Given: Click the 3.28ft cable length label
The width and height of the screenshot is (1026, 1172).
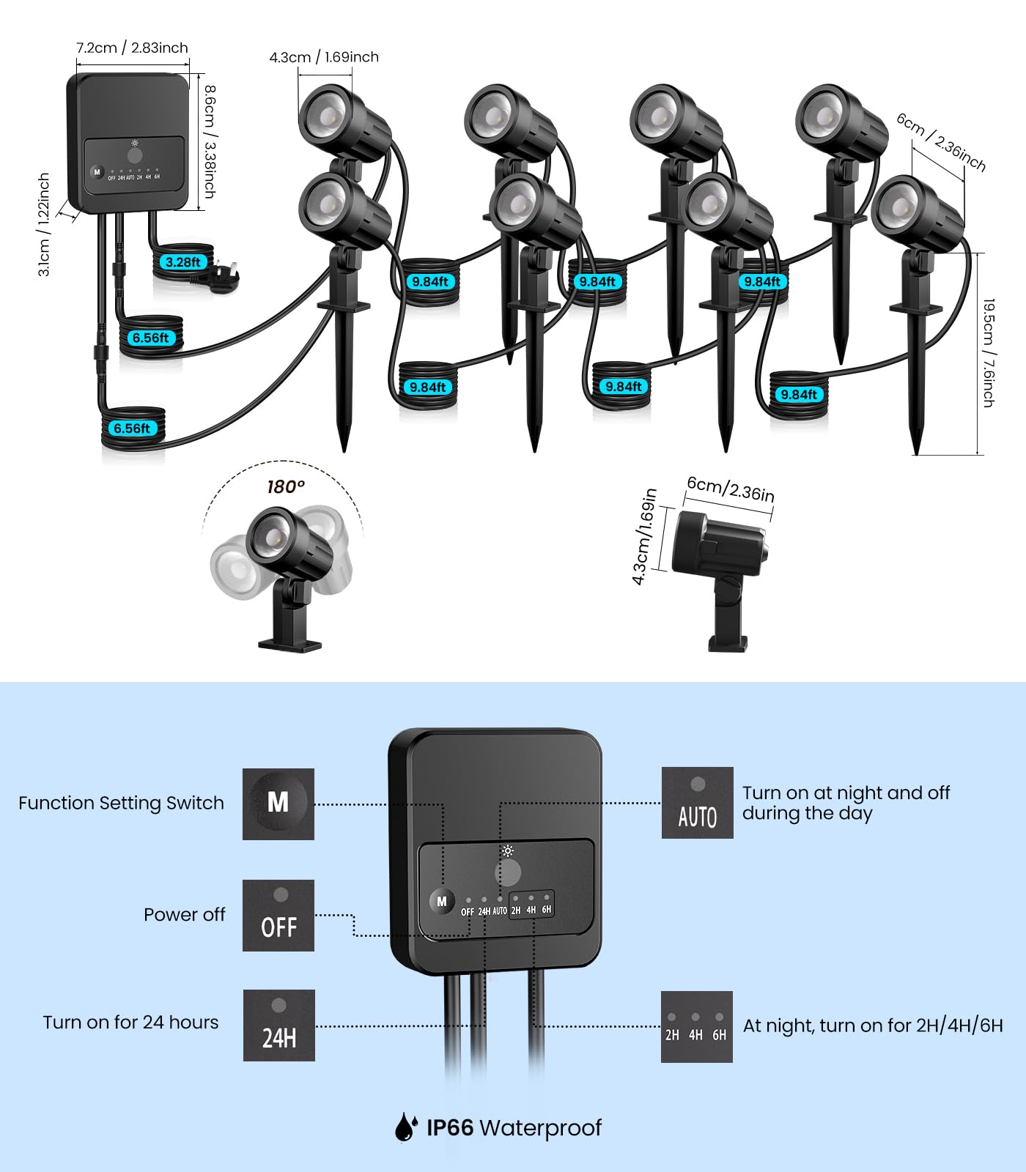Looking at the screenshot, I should click(x=183, y=262).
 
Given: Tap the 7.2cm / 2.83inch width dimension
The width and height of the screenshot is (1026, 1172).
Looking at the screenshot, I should click(x=132, y=48).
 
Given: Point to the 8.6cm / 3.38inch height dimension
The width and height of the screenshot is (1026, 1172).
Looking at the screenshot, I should click(x=210, y=141).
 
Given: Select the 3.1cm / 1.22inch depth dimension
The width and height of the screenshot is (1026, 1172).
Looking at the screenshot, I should click(x=44, y=224).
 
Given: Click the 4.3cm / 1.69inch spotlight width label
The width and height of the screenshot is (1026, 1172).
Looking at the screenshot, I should click(x=324, y=57).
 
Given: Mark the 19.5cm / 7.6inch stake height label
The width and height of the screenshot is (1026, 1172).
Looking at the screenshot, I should click(x=988, y=352).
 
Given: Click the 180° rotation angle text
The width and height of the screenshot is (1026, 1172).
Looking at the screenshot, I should click(x=285, y=486).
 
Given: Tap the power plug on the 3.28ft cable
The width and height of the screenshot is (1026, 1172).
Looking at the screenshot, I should click(x=223, y=280).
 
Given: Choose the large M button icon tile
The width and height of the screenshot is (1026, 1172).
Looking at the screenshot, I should click(x=278, y=804).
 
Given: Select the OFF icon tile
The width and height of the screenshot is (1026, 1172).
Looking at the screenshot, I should click(x=278, y=916).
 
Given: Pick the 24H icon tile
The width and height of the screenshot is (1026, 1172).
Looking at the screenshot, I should click(x=279, y=1025).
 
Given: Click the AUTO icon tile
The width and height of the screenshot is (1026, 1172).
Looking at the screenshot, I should click(x=697, y=803).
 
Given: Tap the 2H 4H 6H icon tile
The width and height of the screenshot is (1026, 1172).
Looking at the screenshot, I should click(x=696, y=1027).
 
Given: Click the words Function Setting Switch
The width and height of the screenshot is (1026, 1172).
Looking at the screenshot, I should click(x=121, y=803).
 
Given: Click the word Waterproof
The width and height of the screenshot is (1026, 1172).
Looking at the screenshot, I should click(x=540, y=1127).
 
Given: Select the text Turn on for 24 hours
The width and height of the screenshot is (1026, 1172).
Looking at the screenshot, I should click(x=130, y=1023).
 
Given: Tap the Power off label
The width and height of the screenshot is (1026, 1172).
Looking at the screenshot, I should click(x=184, y=914).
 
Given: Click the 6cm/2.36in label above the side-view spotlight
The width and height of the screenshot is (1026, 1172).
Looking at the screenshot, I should click(x=730, y=489).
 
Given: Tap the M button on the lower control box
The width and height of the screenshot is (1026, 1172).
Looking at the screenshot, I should click(x=441, y=902).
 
